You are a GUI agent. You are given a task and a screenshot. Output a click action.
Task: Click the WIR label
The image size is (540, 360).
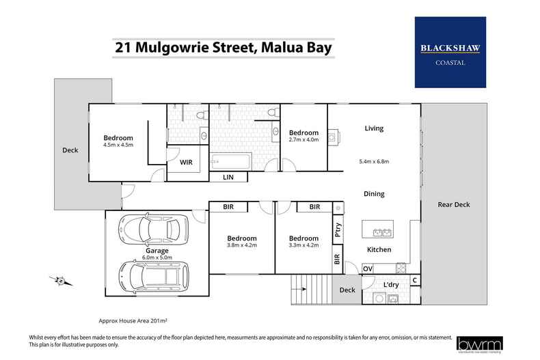click(186, 163)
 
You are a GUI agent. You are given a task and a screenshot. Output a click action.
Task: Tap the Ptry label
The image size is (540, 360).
click(338, 232)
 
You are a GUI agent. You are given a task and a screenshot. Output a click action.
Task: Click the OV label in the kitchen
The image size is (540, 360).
click(367, 269)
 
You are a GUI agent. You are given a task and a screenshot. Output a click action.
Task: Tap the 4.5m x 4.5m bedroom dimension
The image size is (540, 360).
click(118, 145)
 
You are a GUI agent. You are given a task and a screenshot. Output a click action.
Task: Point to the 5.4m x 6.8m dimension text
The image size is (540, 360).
click(374, 162)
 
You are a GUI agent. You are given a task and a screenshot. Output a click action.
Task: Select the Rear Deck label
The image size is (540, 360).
click(454, 204)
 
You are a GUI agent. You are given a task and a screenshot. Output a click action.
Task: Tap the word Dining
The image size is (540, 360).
click(374, 194)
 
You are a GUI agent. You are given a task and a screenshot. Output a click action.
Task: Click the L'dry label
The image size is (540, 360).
click(391, 284)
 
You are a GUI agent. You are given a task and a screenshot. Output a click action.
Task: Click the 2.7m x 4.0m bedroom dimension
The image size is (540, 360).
click(303, 141)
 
